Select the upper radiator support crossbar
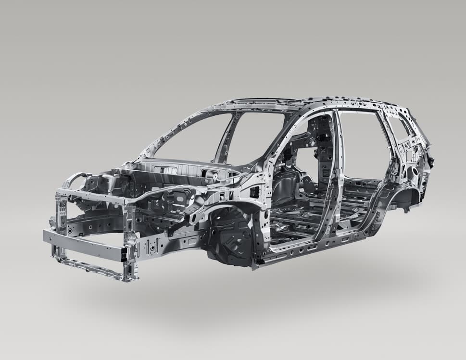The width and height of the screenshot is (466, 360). coord(91,195)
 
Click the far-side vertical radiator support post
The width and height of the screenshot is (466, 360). coord(61,216)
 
